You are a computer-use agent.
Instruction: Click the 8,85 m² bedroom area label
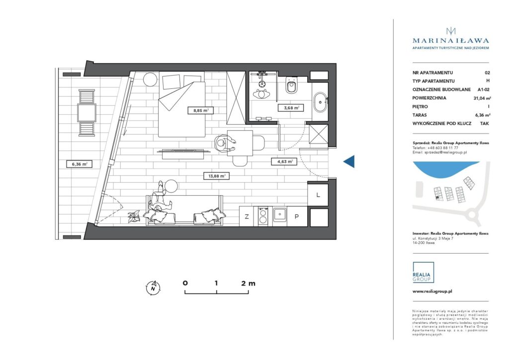click(200, 111)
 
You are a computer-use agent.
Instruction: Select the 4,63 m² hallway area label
click(283, 161)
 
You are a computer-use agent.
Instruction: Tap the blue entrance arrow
click(349, 161)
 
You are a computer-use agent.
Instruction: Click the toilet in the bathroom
click(291, 87)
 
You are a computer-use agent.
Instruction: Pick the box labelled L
click(318, 195)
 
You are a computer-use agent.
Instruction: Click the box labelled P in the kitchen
click(297, 216)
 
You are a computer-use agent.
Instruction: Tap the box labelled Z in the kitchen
click(247, 216)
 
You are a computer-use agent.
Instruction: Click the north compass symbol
click(154, 287)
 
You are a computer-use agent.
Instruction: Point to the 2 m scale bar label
click(248, 284)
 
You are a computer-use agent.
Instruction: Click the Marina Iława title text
click(451, 41)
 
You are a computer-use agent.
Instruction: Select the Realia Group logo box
click(423, 273)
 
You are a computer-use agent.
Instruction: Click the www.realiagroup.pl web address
click(432, 292)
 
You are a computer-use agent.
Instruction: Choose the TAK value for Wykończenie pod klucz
click(484, 123)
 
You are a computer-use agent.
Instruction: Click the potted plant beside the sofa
click(134, 216)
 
